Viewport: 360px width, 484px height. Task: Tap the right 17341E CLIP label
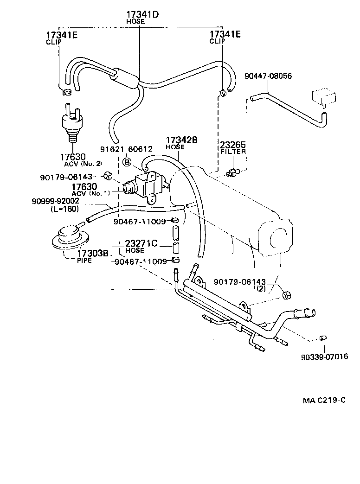point(225,37)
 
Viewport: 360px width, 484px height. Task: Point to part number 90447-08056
point(269,76)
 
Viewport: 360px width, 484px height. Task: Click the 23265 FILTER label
point(232,147)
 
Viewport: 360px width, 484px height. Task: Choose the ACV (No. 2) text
point(83,163)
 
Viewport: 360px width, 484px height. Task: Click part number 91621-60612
point(126,149)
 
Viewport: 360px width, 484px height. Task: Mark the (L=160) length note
point(64,209)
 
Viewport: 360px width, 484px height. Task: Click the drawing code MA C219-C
point(324,401)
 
